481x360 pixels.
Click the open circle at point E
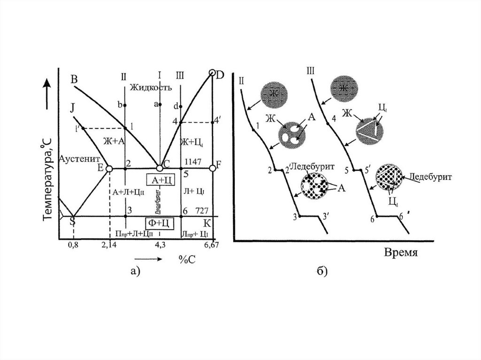[109, 168]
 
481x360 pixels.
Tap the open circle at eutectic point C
[160, 168]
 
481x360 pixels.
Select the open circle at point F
[212, 168]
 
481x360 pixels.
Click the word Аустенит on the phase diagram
[78, 159]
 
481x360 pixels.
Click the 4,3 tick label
[160, 245]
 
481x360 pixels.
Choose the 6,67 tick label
[212, 245]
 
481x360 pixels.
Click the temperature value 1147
[193, 161]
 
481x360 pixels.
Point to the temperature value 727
[195, 210]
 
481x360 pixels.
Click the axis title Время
[401, 252]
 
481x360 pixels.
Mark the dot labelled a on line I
[160, 104]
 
